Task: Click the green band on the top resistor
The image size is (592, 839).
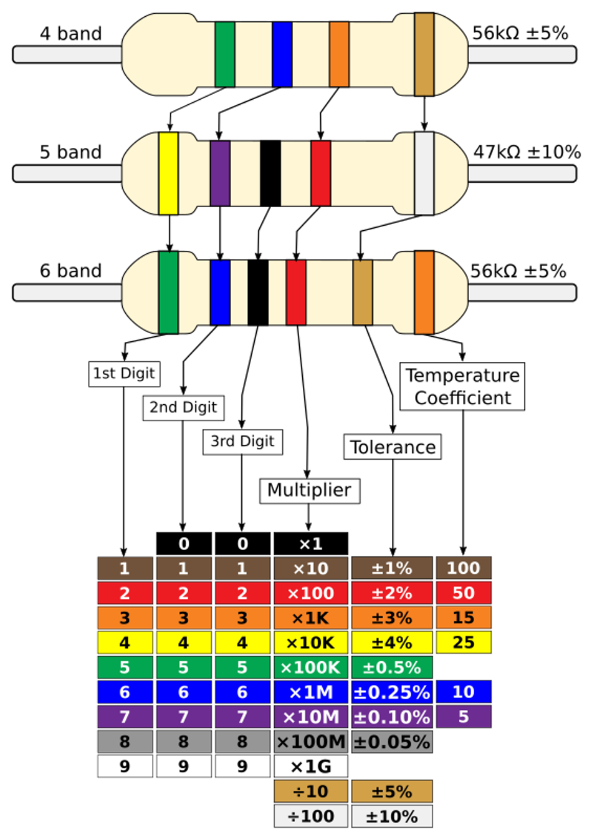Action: [224, 54]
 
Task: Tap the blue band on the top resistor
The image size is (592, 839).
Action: [282, 54]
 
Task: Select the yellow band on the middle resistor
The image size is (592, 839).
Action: [168, 173]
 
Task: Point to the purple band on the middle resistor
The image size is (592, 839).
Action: [220, 173]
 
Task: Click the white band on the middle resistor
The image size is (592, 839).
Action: [424, 173]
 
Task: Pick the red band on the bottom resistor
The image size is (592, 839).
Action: [296, 293]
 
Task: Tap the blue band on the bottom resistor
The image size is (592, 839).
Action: [220, 293]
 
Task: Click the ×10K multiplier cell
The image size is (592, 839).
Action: [310, 643]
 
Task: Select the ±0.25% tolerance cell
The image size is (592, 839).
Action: [391, 692]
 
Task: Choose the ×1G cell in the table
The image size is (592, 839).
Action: [310, 767]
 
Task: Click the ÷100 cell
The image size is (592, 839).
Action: [310, 816]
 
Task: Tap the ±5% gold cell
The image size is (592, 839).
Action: [391, 792]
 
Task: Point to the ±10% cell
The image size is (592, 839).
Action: [391, 816]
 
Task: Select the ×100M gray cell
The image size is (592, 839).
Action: [310, 742]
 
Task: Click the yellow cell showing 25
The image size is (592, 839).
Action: [463, 643]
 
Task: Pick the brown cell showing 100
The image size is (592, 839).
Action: [463, 568]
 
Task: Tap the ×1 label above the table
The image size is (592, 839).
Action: [310, 544]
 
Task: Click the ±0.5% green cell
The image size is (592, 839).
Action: [391, 667]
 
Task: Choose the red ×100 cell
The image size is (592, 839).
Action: [310, 593]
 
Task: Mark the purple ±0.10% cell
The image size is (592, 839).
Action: [391, 717]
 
